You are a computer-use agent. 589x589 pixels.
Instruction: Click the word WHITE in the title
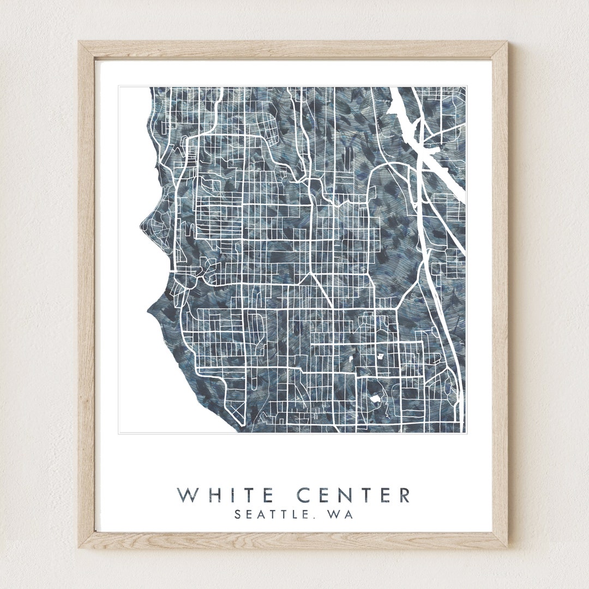tap(225, 495)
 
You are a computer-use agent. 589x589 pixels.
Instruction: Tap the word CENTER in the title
tap(354, 495)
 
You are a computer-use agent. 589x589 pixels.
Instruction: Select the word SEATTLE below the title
tap(269, 514)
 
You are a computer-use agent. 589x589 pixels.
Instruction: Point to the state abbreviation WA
tap(340, 514)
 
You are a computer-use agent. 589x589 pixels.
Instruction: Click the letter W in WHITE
tap(187, 495)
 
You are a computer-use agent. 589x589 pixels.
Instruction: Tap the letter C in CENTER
tap(305, 495)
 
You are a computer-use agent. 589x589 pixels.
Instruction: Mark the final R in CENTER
tap(404, 495)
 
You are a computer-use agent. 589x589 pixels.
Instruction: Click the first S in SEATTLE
tap(238, 514)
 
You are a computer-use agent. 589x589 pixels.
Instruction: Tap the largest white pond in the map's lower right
tap(375, 399)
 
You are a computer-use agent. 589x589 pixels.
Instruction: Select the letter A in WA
tap(348, 514)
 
